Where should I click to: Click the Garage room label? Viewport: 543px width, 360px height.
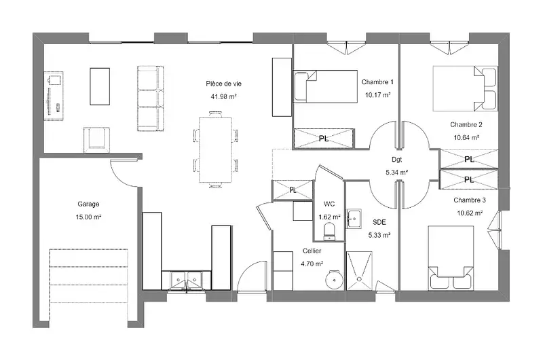[88, 204]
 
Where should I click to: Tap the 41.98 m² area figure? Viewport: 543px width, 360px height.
[224, 96]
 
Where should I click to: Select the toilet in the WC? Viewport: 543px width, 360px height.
[329, 232]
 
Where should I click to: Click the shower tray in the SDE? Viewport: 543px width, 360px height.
[360, 270]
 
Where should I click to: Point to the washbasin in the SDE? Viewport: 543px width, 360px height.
[354, 218]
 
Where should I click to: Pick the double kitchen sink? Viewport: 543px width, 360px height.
[186, 280]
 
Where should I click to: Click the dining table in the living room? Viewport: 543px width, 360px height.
[215, 149]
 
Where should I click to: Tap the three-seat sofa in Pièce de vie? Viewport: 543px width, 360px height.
[150, 98]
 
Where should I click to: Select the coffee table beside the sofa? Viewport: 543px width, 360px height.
[100, 86]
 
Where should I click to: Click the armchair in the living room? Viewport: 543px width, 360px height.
[97, 140]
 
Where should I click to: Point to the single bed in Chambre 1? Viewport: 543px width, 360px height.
[325, 87]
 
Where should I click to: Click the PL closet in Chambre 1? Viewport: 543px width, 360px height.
[324, 139]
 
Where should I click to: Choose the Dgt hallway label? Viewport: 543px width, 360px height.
[397, 160]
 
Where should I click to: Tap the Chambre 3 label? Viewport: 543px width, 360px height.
[470, 200]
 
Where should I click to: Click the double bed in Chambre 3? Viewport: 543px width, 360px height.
[451, 258]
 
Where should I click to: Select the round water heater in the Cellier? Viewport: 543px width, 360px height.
[334, 279]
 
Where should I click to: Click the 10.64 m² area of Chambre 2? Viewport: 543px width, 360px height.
[466, 138]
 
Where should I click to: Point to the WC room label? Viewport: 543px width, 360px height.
[329, 204]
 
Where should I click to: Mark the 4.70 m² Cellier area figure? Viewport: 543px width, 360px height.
[312, 264]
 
